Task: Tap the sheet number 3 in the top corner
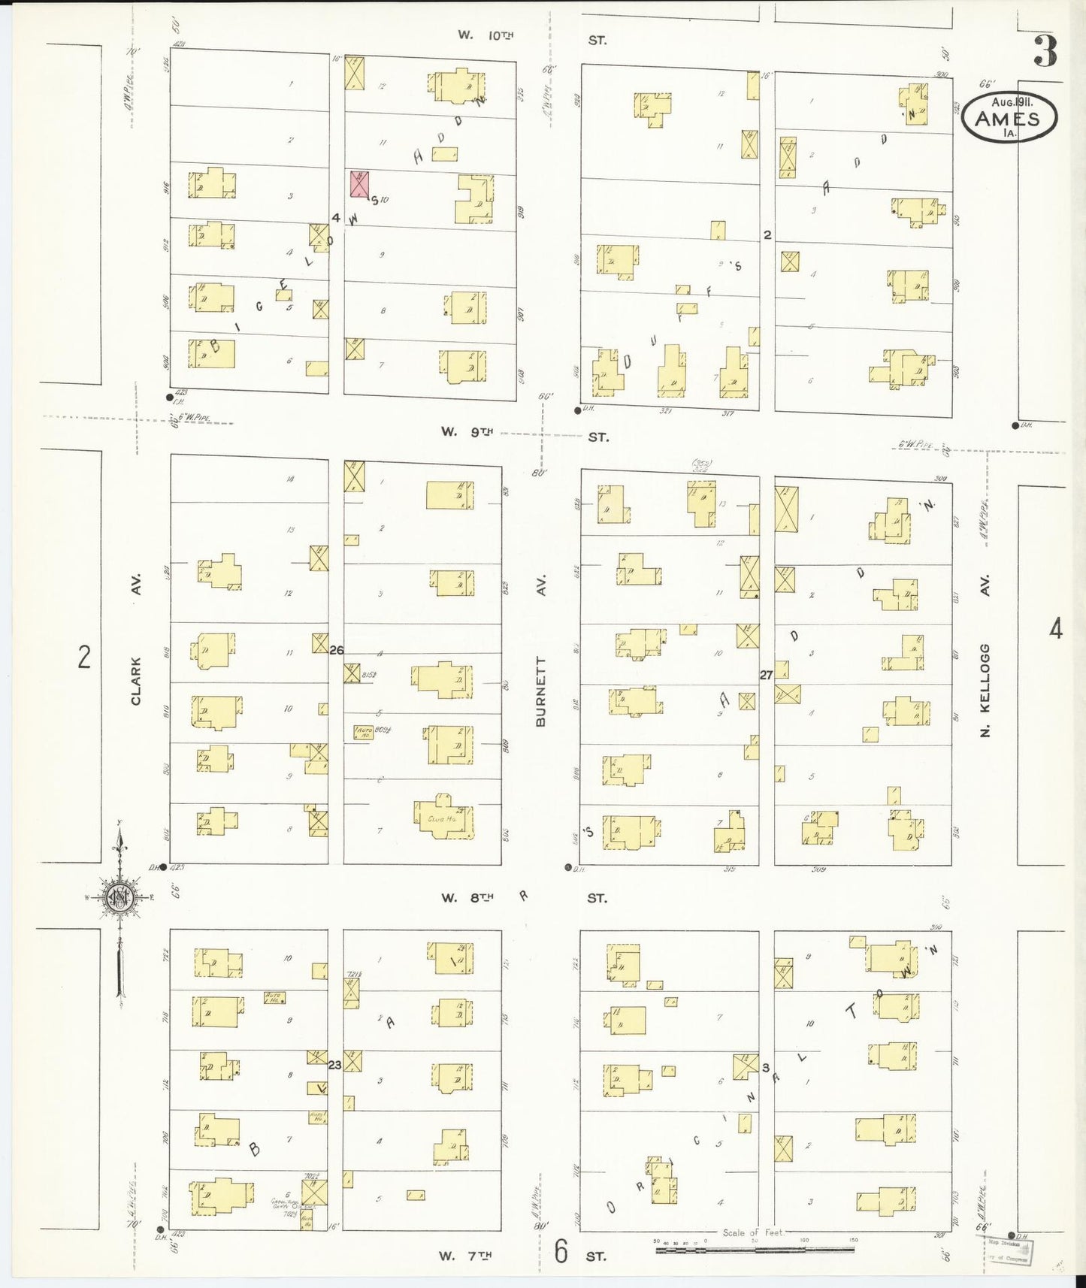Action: pyautogui.click(x=1045, y=51)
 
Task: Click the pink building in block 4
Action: pyautogui.click(x=360, y=184)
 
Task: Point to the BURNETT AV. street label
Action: pyautogui.click(x=540, y=690)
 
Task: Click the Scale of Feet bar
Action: pyautogui.click(x=754, y=1250)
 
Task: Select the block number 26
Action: pyautogui.click(x=336, y=650)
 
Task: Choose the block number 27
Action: pyautogui.click(x=766, y=675)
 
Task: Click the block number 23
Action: pyautogui.click(x=335, y=1064)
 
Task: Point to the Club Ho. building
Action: pyautogui.click(x=443, y=820)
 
